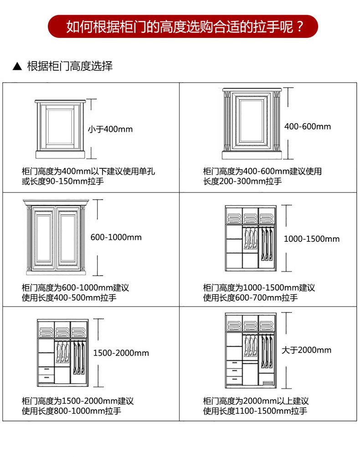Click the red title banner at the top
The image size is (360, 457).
tap(183, 26)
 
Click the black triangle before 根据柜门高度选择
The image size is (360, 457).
tap(17, 67)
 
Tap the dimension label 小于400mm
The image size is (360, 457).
tap(110, 129)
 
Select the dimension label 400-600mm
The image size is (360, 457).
tap(308, 126)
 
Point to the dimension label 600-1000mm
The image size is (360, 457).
tap(116, 237)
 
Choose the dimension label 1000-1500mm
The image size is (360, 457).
tap(312, 239)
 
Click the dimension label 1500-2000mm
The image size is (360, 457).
tap(121, 353)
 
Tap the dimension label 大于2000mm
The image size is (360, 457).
tap(306, 350)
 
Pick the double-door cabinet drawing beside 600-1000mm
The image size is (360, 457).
tap(55, 237)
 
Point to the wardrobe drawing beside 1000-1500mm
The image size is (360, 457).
tap(251, 238)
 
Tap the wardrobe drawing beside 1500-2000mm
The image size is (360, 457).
tap(62, 352)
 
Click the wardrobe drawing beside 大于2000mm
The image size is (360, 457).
tap(251, 350)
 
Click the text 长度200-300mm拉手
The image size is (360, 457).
tap(242, 182)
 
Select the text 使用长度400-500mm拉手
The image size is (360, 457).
tap(69, 298)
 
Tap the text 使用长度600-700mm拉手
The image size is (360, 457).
tap(250, 298)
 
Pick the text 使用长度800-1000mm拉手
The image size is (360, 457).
tap(71, 411)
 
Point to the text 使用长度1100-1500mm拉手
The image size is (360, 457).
tap(255, 411)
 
